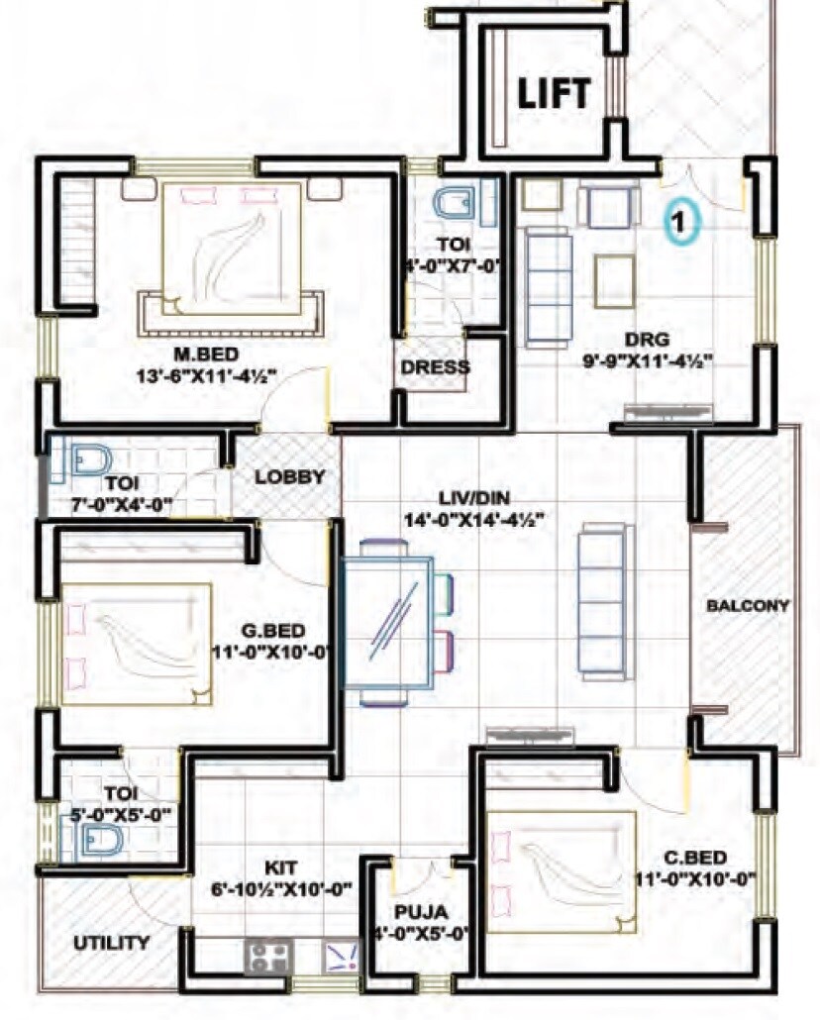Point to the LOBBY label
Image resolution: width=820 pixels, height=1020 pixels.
click(289, 476)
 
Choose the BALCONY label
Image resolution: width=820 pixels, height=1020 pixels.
click(747, 605)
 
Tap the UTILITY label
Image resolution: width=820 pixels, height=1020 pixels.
click(112, 943)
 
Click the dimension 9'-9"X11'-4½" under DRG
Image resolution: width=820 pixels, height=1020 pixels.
click(650, 361)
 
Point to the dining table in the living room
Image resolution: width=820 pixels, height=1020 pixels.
click(387, 622)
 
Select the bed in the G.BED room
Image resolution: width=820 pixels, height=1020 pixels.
click(137, 644)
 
